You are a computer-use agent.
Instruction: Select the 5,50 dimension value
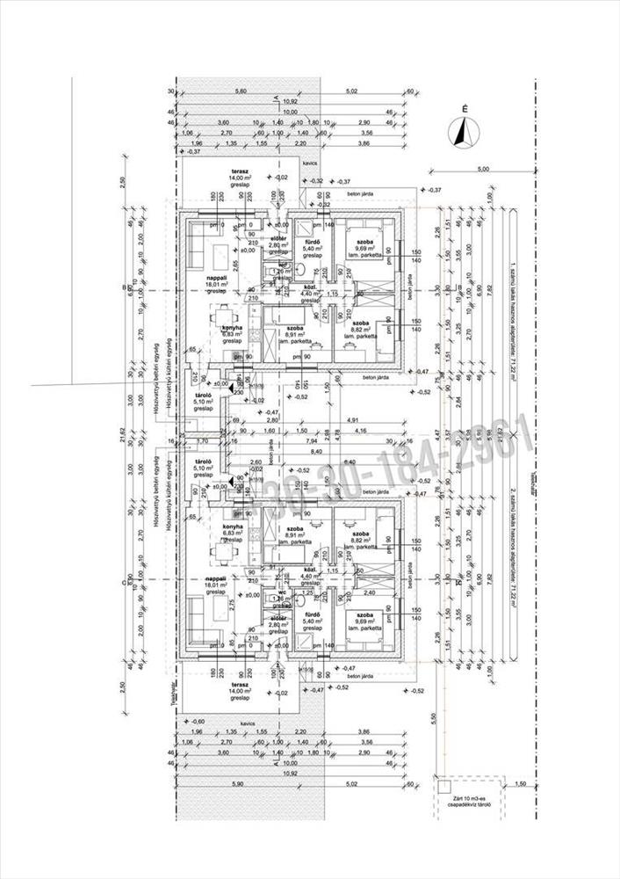pos(433,718)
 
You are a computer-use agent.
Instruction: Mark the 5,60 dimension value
pos(240,91)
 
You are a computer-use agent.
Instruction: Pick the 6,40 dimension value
pos(349,462)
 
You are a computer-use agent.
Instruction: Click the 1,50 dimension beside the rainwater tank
pos(521,784)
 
